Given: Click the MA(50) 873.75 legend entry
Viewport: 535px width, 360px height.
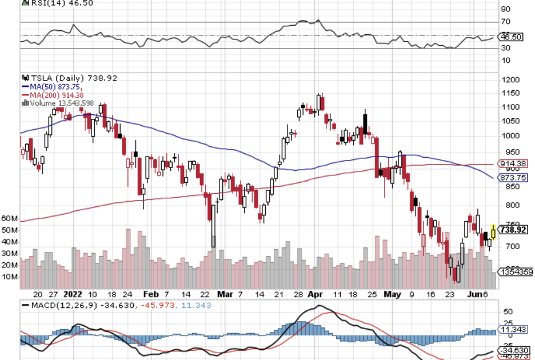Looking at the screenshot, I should [x=58, y=86].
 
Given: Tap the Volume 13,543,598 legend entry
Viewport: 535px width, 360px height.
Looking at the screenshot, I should [x=63, y=103].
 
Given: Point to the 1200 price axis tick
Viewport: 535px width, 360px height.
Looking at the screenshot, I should [x=510, y=79].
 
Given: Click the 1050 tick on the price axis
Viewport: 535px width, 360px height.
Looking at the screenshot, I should [x=510, y=121].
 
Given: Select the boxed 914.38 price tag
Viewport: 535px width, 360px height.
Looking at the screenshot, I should [x=513, y=164].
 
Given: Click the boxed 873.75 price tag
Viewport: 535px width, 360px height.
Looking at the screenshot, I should [x=513, y=178].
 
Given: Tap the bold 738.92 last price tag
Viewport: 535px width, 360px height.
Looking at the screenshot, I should [x=513, y=230].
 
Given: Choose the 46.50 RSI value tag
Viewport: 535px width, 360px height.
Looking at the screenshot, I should [x=511, y=37].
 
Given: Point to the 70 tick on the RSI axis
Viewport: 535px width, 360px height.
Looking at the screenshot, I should [x=505, y=22].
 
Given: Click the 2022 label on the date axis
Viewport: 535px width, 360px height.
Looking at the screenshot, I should [x=73, y=294].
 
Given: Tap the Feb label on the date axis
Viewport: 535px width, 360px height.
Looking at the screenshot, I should [x=150, y=294].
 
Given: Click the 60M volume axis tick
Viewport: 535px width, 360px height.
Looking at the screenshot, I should [x=9, y=218].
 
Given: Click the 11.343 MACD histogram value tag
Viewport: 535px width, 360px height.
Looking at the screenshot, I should [x=512, y=330].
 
